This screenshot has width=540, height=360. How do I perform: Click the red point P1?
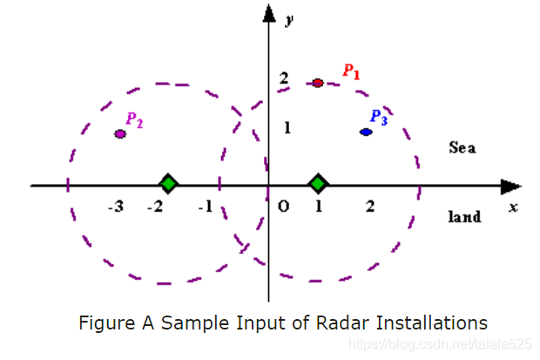coord(318,83)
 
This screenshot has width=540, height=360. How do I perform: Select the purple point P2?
coord(120,133)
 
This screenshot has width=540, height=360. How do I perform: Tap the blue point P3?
coord(367,132)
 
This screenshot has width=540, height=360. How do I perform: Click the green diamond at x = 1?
coord(319,184)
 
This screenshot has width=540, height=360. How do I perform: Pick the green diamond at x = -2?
coord(169,184)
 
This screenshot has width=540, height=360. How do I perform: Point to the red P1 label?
coord(351,71)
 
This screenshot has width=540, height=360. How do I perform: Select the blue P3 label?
coord(378,117)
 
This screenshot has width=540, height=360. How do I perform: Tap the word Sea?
coord(462,147)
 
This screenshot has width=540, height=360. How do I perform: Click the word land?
coord(464,216)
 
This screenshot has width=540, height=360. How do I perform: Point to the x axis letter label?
coord(513,207)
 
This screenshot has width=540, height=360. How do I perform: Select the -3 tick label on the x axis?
coord(115,207)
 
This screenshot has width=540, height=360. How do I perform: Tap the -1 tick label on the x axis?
coord(206,207)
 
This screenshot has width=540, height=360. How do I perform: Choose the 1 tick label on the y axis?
coord(284,128)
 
